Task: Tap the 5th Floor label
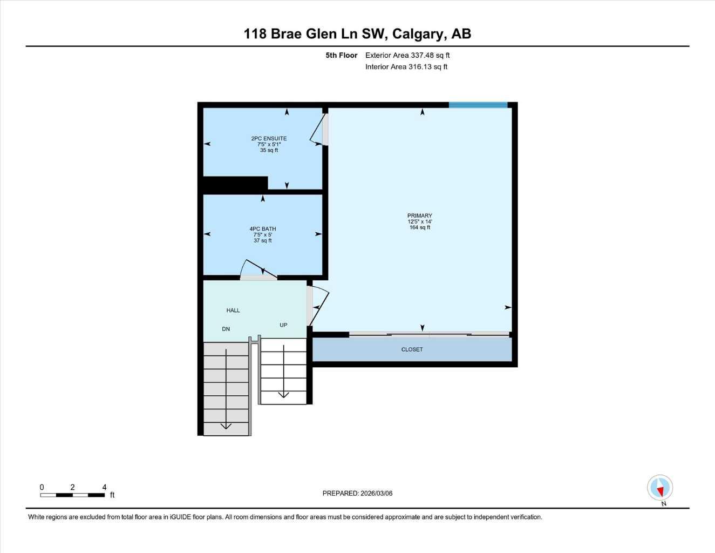coord(341,55)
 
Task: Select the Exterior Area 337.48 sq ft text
coord(407,55)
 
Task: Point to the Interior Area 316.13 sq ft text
coord(406,67)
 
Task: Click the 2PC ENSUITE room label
coord(269,138)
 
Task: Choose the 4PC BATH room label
coord(263,229)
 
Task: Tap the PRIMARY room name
coord(420,215)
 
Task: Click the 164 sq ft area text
coord(420,227)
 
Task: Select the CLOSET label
coord(412,349)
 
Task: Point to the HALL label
coord(233,311)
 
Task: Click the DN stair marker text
coord(226,329)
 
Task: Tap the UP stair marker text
coord(283,325)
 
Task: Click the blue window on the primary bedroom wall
coord(478,105)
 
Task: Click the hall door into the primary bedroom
coord(319,305)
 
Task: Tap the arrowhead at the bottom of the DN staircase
coord(226,426)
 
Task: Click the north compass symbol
coord(660,488)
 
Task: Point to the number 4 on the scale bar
coord(104,487)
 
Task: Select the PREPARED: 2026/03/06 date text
coord(357,493)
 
